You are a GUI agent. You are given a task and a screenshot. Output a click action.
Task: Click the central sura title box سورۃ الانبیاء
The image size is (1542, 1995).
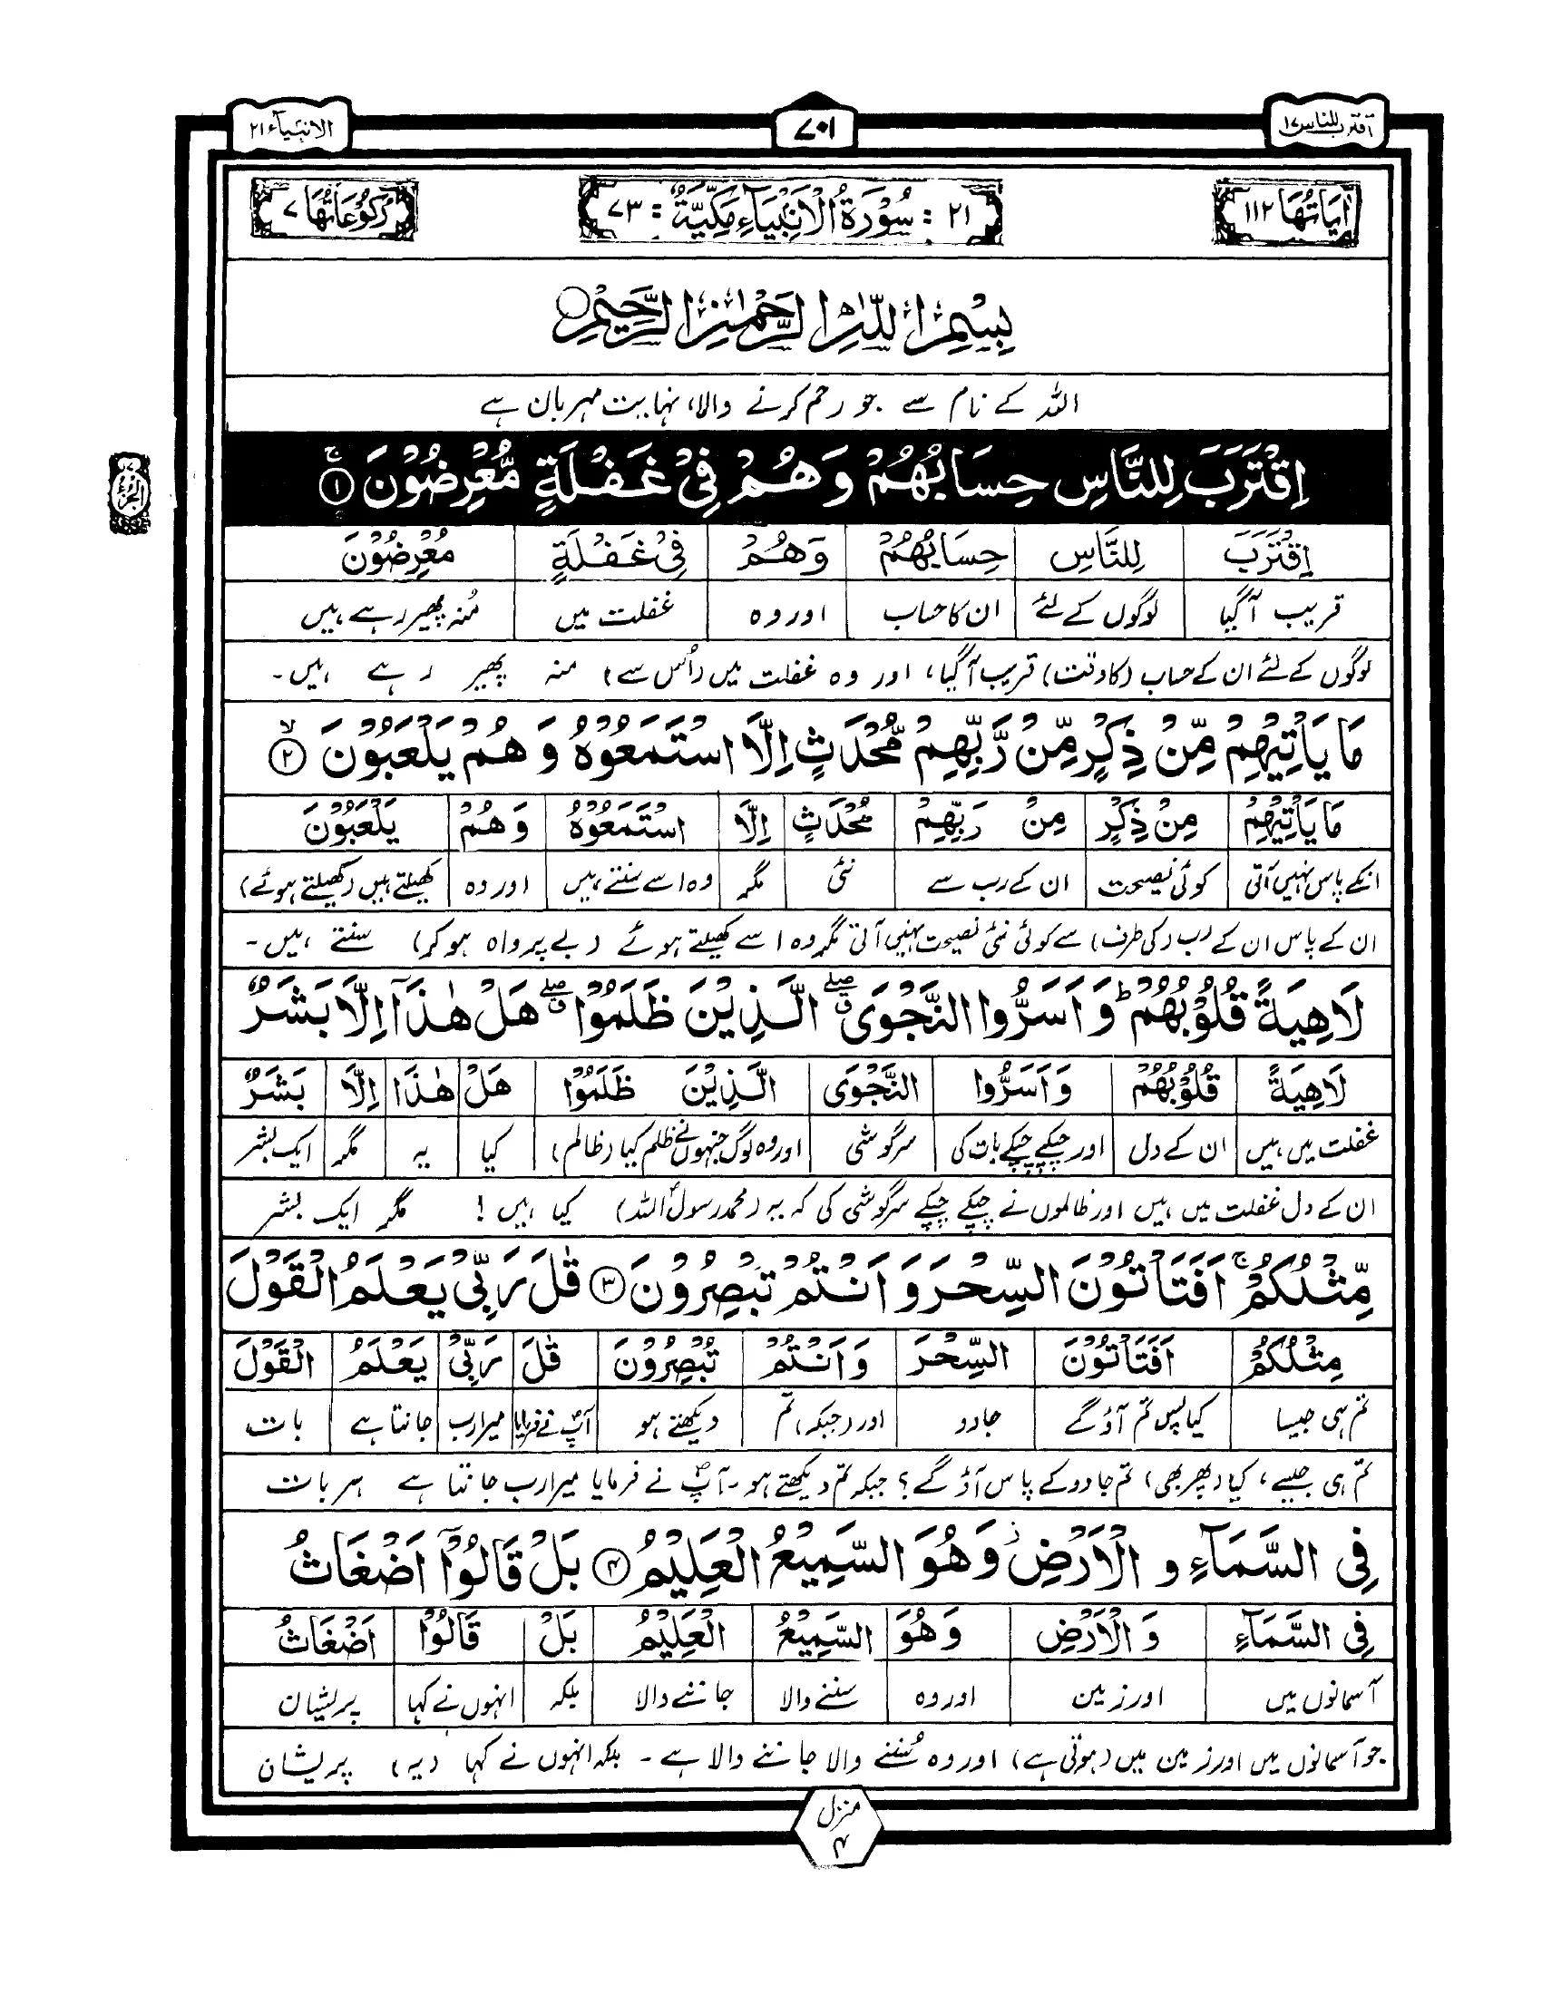pyautogui.click(x=789, y=219)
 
